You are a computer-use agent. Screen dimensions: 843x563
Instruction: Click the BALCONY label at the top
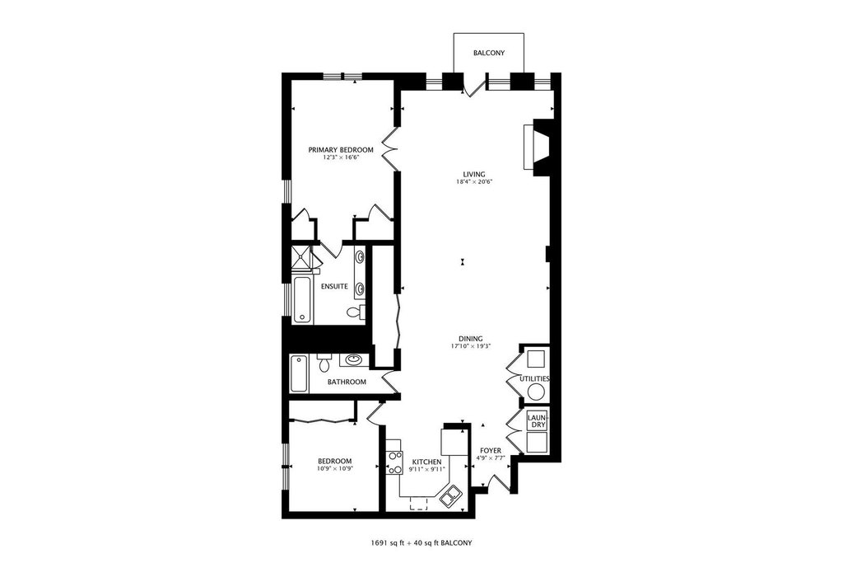[489, 54]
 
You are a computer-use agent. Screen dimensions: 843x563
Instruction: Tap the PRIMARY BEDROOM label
[340, 150]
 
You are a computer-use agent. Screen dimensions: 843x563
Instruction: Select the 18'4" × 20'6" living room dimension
[473, 182]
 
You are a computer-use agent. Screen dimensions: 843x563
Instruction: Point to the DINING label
[470, 339]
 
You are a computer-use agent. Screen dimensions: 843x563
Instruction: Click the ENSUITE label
[334, 286]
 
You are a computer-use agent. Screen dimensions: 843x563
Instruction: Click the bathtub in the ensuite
[302, 300]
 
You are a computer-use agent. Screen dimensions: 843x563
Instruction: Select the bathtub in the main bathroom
[300, 373]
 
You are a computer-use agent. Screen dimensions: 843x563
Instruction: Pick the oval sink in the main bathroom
[352, 359]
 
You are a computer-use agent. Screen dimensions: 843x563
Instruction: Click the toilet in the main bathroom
[324, 364]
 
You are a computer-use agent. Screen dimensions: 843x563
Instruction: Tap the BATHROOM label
[347, 382]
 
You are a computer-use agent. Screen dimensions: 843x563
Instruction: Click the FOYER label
[491, 451]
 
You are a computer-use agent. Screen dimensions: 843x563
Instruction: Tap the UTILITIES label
[534, 378]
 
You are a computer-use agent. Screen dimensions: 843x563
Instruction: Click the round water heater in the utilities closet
[537, 392]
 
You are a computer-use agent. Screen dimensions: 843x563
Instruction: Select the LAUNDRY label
[537, 421]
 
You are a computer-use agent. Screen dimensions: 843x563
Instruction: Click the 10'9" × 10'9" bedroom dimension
[334, 468]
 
